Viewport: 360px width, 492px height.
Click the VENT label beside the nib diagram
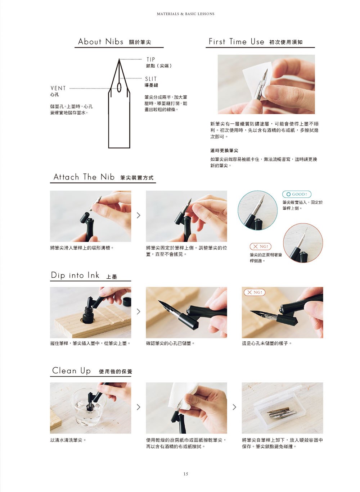[x=58, y=88]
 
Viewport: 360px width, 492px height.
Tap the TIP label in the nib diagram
[x=150, y=59]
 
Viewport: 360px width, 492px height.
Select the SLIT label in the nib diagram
[x=150, y=79]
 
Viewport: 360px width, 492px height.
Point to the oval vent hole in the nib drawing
[x=119, y=87]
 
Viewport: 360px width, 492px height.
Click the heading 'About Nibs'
[x=100, y=41]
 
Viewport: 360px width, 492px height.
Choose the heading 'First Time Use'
[x=236, y=41]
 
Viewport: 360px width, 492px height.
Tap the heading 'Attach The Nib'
[x=84, y=177]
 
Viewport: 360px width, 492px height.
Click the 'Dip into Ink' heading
[x=75, y=275]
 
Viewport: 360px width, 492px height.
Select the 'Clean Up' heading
[x=71, y=370]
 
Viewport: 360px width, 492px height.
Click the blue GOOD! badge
[x=297, y=194]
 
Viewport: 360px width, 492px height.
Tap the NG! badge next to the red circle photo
[x=260, y=246]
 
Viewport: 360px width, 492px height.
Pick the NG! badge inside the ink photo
[x=255, y=292]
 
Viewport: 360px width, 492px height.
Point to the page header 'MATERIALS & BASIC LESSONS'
[x=186, y=14]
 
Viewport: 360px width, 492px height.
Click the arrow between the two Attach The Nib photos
[x=138, y=215]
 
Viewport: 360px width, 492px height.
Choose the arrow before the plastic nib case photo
[x=234, y=407]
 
